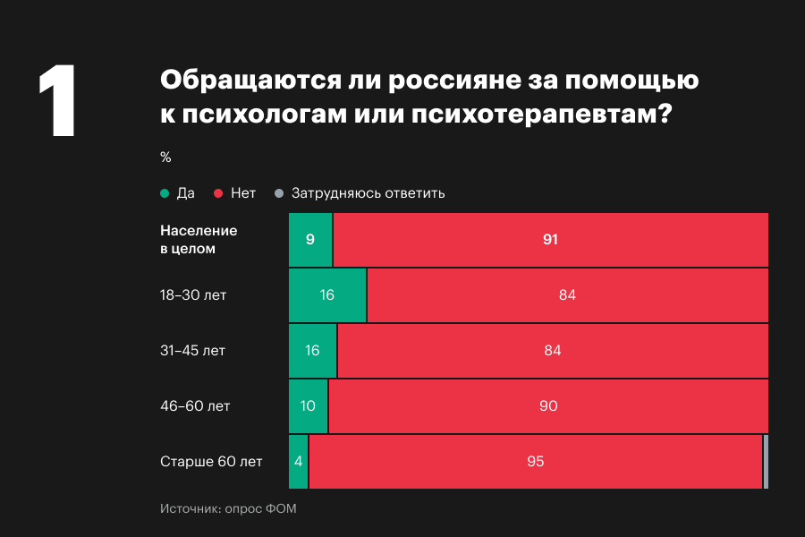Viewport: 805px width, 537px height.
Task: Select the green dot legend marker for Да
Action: click(165, 193)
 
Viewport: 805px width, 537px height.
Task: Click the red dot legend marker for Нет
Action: click(218, 193)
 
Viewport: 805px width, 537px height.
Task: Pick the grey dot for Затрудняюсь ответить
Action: click(279, 193)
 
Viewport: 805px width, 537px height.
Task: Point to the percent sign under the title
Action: click(165, 157)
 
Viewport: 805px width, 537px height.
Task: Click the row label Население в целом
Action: click(198, 239)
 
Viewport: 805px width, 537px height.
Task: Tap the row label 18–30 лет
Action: click(193, 294)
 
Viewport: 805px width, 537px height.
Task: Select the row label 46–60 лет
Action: click(195, 405)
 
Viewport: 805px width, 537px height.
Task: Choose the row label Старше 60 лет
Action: click(211, 462)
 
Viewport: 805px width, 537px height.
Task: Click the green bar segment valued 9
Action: click(310, 239)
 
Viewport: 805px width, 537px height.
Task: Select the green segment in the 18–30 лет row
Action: click(327, 294)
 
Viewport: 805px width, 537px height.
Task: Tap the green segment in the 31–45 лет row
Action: click(312, 350)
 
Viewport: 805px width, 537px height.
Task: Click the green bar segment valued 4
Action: click(299, 462)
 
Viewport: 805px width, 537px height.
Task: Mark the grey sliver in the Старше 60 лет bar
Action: click(766, 462)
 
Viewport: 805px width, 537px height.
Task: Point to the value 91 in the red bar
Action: click(550, 239)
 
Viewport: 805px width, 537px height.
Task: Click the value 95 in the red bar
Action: click(535, 462)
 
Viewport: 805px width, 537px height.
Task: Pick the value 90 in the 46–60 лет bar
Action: click(548, 405)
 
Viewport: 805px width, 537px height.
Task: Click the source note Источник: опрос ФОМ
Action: click(228, 509)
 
